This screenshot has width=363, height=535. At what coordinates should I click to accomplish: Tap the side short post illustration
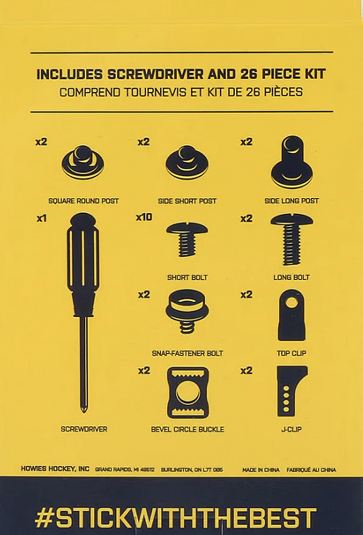pos(187,163)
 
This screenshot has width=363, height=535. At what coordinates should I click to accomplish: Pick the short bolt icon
pos(187,239)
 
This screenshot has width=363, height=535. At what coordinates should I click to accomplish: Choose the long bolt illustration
pos(292,239)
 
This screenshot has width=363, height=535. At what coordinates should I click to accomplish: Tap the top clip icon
pos(292,315)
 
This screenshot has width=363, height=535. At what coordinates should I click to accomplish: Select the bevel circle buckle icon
pos(187,393)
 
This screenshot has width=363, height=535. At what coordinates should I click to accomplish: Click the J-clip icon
pos(290,391)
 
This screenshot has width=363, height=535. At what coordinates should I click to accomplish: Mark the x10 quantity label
pos(144,217)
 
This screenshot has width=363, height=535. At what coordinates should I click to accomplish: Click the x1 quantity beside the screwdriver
pos(41,218)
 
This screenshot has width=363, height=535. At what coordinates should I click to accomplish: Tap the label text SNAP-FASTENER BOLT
pos(187,354)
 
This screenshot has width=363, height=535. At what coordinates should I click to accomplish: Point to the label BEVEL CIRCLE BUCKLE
pos(187,430)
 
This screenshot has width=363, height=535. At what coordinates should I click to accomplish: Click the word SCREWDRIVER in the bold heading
pos(156,74)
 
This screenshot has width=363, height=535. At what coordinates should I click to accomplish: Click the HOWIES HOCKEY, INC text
pos(55,469)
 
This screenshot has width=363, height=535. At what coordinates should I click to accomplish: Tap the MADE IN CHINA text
pos(261,470)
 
